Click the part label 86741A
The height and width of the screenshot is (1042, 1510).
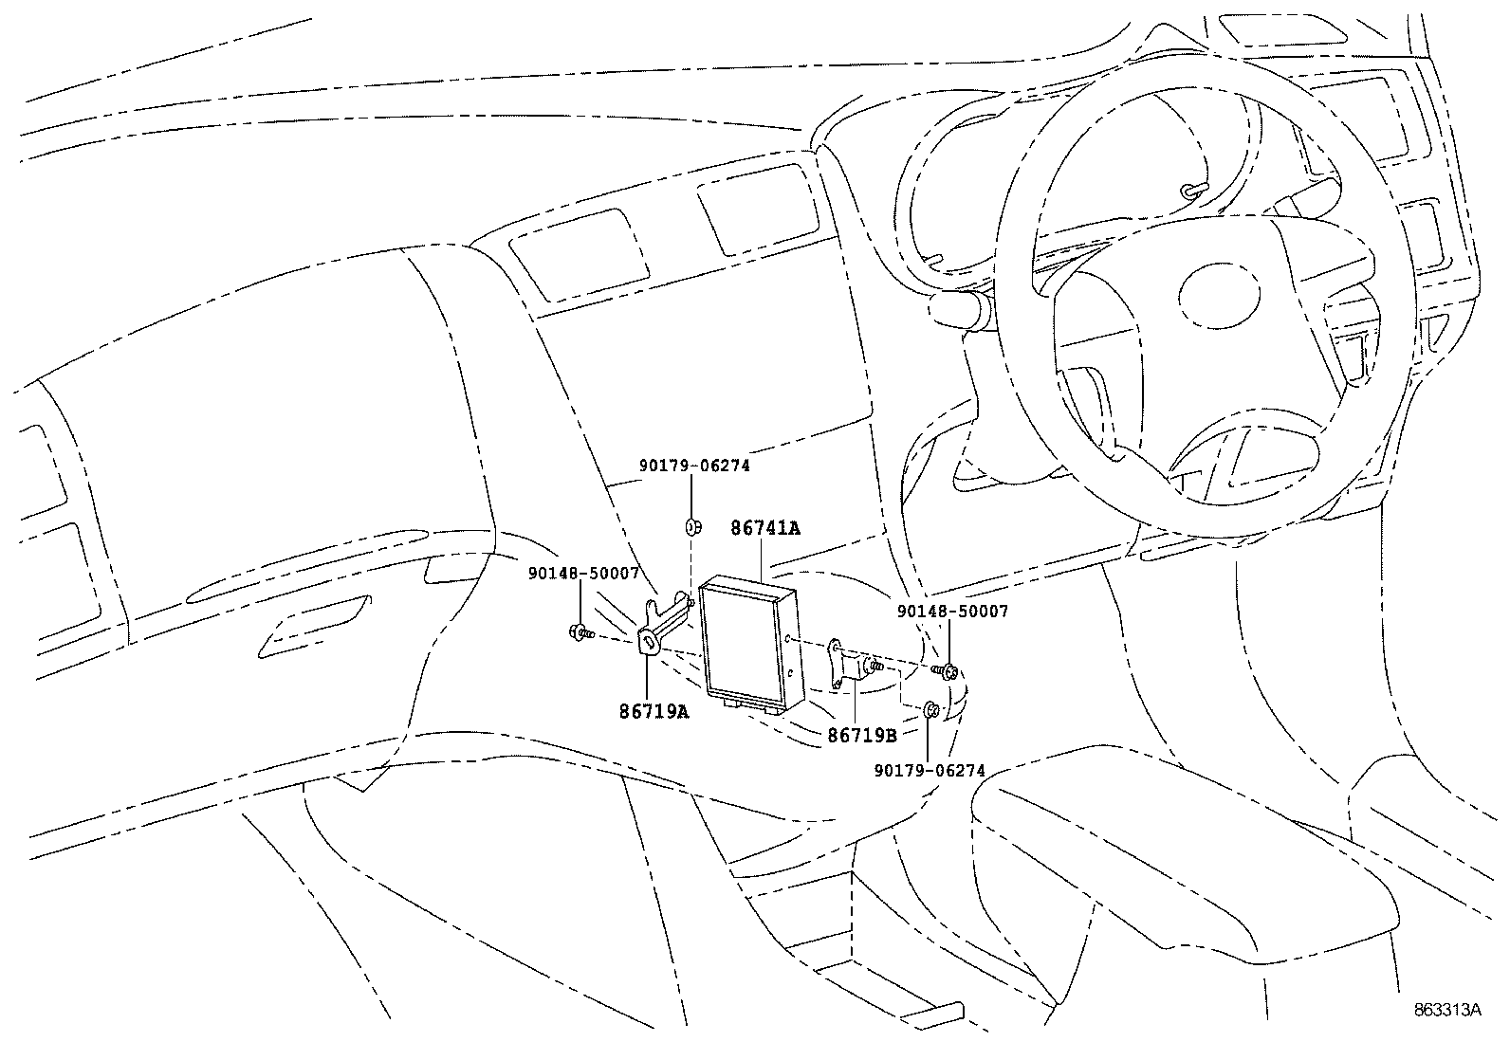pyautogui.click(x=764, y=528)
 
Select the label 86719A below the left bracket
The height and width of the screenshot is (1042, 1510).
pyautogui.click(x=654, y=710)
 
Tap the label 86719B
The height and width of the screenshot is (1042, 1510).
pyautogui.click(x=861, y=734)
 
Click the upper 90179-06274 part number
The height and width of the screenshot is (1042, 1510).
pyautogui.click(x=693, y=466)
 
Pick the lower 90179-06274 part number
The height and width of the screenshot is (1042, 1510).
pyautogui.click(x=930, y=771)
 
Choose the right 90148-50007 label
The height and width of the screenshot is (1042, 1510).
pyautogui.click(x=952, y=612)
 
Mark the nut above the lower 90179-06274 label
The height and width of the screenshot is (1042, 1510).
pyautogui.click(x=930, y=709)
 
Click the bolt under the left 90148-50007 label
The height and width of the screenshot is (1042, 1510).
pyautogui.click(x=578, y=632)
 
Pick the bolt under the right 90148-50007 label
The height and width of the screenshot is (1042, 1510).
pyautogui.click(x=948, y=672)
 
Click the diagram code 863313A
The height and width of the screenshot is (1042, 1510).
pyautogui.click(x=1447, y=1010)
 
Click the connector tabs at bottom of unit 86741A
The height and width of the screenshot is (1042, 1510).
pyautogui.click(x=745, y=704)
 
